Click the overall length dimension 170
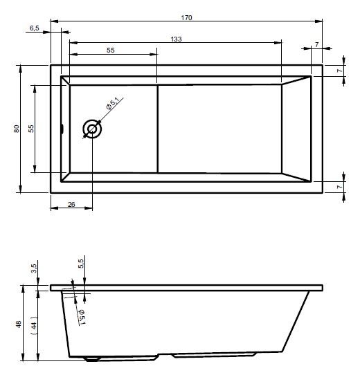coord(186,17)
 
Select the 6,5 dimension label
coord(35,28)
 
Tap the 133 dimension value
coord(177,39)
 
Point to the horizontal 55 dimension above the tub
coord(111,50)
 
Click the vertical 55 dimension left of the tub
coord(31,129)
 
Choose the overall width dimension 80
coord(17,129)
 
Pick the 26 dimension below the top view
coord(71,204)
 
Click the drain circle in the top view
coord(92,129)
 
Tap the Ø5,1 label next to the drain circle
coord(112,103)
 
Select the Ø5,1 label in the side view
coord(82,317)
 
